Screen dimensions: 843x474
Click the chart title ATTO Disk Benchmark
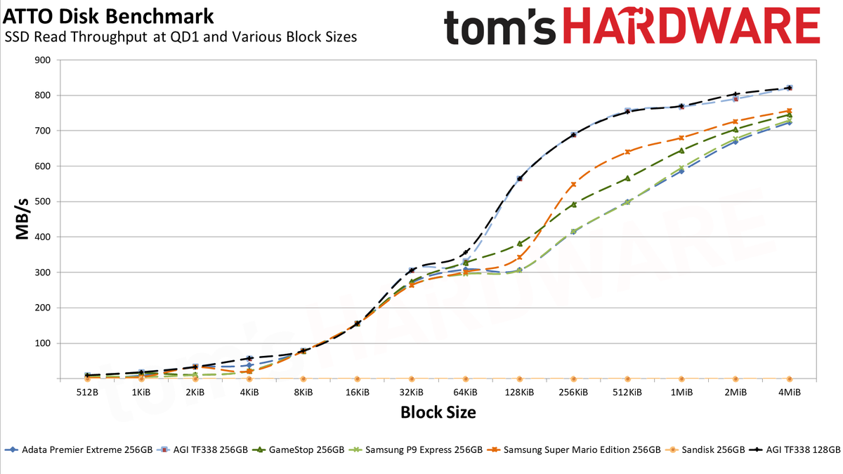click(x=108, y=17)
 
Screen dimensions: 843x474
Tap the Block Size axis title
click(x=438, y=412)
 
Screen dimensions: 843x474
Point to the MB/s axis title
click(x=22, y=219)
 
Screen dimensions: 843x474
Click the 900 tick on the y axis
click(x=43, y=60)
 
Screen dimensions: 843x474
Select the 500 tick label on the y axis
click(x=43, y=202)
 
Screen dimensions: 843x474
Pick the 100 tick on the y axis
click(x=43, y=343)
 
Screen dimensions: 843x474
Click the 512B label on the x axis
click(x=87, y=393)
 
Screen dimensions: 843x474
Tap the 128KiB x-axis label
click(x=519, y=393)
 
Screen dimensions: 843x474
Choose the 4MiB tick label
click(x=789, y=393)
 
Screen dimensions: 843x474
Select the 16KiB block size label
click(x=357, y=393)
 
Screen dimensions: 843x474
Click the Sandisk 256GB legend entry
click(x=705, y=449)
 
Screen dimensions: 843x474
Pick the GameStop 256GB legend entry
click(x=298, y=449)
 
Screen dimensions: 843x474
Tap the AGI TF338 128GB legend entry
click(x=794, y=449)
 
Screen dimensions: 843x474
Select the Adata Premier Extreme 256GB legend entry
click(x=79, y=449)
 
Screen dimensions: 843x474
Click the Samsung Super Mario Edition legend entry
click(x=573, y=449)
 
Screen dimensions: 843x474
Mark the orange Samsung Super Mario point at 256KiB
click(x=573, y=184)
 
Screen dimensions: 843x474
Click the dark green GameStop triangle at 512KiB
click(x=627, y=178)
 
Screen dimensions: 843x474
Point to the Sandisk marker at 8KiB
click(x=303, y=378)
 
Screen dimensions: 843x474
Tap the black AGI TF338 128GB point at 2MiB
click(x=736, y=94)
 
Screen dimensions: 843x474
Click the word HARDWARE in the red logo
click(x=692, y=25)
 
